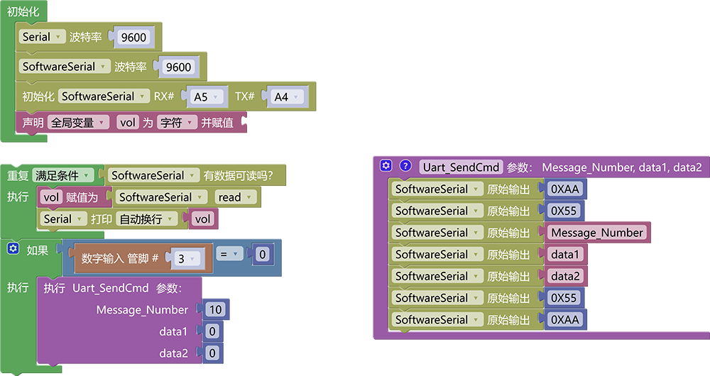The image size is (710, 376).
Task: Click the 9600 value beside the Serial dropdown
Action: point(133,37)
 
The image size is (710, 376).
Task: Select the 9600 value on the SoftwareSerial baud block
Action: point(178,67)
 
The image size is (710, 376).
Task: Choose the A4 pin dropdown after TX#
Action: point(286,96)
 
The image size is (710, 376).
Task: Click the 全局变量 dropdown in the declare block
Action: point(78,123)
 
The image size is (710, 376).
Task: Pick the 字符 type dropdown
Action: point(177,123)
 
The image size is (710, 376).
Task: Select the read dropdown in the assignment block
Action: point(235,197)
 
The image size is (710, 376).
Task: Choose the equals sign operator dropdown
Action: point(229,254)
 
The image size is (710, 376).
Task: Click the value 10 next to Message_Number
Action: point(216,309)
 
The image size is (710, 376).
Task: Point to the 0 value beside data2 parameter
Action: point(212,353)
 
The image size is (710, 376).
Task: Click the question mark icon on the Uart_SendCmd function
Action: point(405,165)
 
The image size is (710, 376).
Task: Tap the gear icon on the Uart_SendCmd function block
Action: point(386,165)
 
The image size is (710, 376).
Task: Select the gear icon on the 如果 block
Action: point(13,248)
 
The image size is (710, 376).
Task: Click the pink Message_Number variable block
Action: point(597,233)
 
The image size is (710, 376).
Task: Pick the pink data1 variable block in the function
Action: point(565,254)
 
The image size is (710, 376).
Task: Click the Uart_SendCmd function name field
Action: point(461,167)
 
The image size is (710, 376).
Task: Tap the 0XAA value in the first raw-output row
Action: point(565,189)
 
